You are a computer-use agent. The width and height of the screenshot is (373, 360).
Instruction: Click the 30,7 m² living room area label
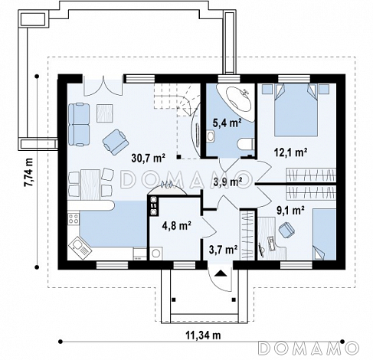[x=149, y=158]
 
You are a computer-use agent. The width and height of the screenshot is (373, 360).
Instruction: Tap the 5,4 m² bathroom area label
[x=227, y=123]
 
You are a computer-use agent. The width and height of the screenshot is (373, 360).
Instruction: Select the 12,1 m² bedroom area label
[x=290, y=152]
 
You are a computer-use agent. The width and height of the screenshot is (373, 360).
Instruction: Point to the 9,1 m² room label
[x=290, y=211]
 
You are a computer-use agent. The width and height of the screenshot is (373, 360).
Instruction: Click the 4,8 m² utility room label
[x=177, y=225]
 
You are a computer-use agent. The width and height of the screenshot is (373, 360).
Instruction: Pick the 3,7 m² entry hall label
[x=224, y=250]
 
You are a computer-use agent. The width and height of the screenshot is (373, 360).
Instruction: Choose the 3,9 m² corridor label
[x=227, y=182]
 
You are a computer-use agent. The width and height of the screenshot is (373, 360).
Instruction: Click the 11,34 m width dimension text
[x=203, y=335]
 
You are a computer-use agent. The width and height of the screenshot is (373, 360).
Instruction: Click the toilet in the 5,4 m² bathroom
[x=245, y=145]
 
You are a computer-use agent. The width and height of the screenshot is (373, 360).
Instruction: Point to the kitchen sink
[x=80, y=247]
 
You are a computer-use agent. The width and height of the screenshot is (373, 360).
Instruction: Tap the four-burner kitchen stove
[x=74, y=218]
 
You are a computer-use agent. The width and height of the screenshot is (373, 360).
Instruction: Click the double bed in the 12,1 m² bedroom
[x=296, y=110]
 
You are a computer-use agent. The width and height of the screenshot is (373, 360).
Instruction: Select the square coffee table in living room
[x=105, y=113]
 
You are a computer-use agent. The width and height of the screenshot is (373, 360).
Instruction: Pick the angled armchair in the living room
[x=115, y=142]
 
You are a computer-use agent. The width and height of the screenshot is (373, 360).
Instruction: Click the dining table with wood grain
[x=90, y=185]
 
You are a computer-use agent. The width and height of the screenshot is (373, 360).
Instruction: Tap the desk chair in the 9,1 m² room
[x=286, y=229]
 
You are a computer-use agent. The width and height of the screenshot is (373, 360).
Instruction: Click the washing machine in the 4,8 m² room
[x=155, y=254]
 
